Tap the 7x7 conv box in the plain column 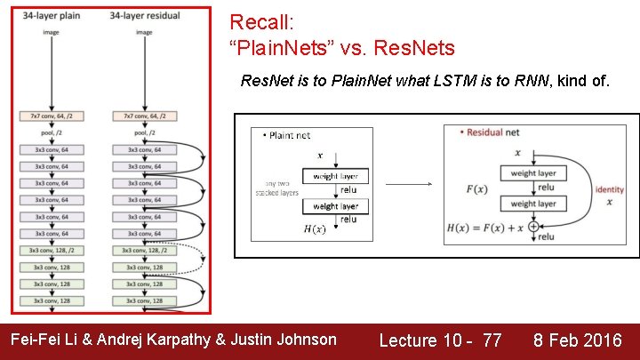coord(52,116)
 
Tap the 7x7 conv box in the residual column coord(143,116)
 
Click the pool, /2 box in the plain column coord(52,133)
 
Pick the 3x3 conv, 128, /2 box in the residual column coord(143,251)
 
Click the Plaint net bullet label coord(289,135)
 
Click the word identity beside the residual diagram coord(610,189)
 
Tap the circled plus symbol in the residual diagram coord(533,227)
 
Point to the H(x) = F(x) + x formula coord(488,227)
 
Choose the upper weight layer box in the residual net coord(533,172)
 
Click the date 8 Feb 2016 coord(578,340)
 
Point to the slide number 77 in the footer coord(492,340)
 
